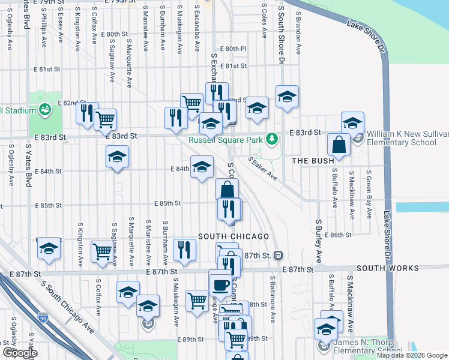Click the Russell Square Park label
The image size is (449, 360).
pyautogui.click(x=225, y=140)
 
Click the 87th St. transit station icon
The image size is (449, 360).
pyautogui.click(x=278, y=256)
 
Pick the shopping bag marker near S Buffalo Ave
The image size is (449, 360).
pyautogui.click(x=339, y=145)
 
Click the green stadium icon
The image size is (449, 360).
pyautogui.click(x=45, y=109)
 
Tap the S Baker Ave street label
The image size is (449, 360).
pyautogui.click(x=262, y=169)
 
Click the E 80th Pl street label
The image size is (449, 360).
pyautogui.click(x=234, y=49)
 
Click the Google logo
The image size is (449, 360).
pyautogui.click(x=20, y=353)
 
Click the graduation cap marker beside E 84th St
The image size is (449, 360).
pyautogui.click(x=202, y=166)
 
